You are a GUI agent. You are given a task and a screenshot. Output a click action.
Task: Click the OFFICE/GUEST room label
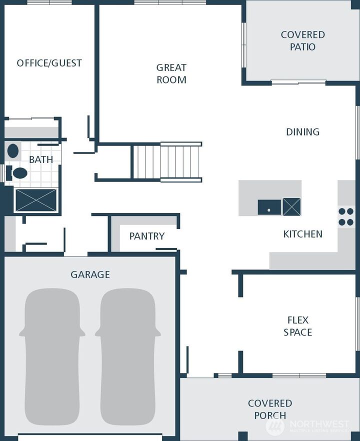point(49,63)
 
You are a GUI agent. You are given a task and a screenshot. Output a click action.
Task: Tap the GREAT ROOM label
point(171,73)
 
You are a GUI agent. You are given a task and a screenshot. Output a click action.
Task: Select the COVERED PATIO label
point(302,40)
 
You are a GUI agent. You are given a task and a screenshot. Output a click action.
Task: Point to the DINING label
point(302,132)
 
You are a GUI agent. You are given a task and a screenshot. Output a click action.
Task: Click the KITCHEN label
point(302,234)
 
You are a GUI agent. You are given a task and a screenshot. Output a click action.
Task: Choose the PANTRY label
point(146,236)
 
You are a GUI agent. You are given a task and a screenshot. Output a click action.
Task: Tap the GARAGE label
point(90,274)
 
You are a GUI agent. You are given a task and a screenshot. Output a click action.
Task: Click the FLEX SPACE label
point(297,326)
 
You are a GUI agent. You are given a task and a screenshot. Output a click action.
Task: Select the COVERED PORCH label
point(270,409)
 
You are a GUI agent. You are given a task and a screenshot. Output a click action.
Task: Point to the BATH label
point(41,160)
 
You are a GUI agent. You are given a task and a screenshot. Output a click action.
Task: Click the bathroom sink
point(13,151)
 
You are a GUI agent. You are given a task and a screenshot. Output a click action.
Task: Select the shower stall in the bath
point(36,199)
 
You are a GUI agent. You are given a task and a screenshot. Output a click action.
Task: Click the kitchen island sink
point(269,206)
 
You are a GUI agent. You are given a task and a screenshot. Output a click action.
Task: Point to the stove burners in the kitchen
point(346,216)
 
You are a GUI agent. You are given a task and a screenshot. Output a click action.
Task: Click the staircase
point(167,161)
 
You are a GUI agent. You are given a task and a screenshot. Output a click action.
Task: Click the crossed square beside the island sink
point(291,206)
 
